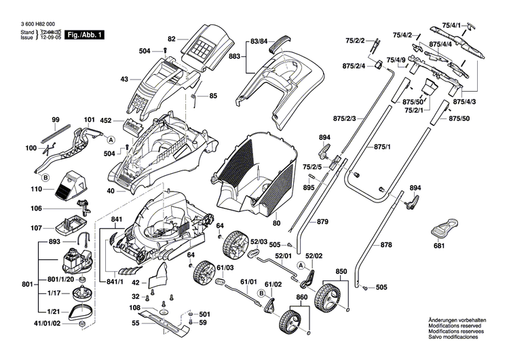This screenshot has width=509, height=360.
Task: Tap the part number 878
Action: tap(385, 244)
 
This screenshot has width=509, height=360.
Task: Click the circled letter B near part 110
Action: tap(45, 177)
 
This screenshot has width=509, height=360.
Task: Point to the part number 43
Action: tap(124, 79)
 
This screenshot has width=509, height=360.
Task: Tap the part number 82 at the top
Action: tap(172, 39)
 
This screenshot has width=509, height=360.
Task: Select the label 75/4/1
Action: tap(451, 25)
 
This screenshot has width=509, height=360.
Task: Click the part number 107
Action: tap(36, 227)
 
